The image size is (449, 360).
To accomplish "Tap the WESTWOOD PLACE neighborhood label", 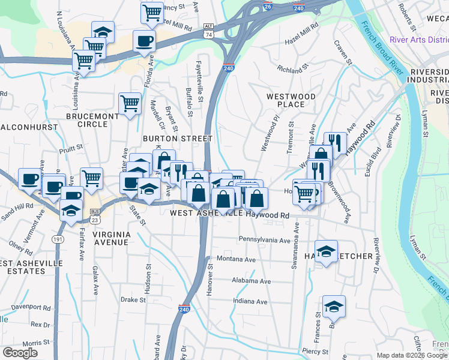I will (291, 100).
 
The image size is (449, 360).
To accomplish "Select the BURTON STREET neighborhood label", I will (178, 139).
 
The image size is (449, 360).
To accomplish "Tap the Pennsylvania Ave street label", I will (264, 240).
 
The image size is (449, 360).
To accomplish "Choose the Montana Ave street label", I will (236, 259).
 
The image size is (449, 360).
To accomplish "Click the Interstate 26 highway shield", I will (268, 7).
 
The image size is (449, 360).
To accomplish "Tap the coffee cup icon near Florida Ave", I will (144, 41).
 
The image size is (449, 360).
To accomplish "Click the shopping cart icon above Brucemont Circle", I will (130, 103).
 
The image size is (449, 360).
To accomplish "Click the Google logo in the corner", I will (20, 353).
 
